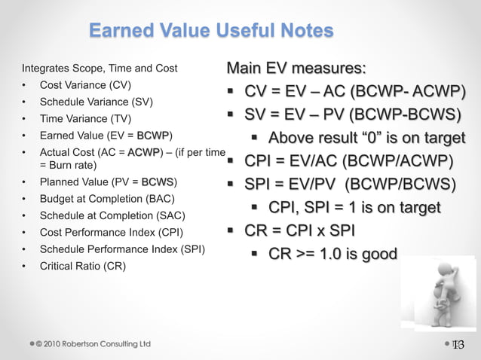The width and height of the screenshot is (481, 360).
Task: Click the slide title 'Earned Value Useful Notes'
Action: tap(211, 31)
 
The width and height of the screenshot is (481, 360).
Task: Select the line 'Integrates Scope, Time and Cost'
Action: tap(100, 68)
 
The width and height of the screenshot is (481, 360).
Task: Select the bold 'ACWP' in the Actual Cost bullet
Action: tap(144, 152)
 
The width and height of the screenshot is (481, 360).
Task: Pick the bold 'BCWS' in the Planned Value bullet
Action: tap(158, 182)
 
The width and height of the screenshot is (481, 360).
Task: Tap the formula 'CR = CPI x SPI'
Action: tap(299, 230)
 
